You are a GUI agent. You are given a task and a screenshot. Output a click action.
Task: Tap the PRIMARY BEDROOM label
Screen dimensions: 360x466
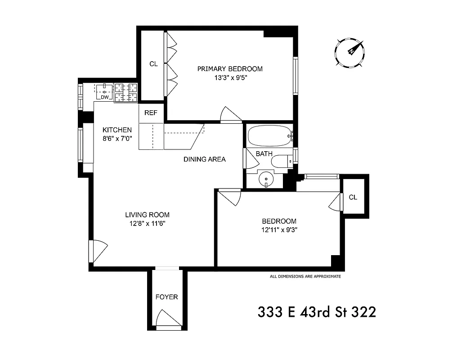coord(230,69)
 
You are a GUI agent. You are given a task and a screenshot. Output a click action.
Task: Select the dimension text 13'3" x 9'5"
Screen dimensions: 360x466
coord(230,77)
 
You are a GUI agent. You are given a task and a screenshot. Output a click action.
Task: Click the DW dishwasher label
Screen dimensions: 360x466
coord(104,97)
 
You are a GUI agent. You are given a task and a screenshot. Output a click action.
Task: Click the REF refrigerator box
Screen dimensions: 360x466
coord(151,113)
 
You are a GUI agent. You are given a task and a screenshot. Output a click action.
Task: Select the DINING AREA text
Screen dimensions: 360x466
coord(204,159)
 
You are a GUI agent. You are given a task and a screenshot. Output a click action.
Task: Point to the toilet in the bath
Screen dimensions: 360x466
coord(283,162)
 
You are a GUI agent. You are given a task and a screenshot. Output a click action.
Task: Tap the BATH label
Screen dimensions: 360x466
coord(264,154)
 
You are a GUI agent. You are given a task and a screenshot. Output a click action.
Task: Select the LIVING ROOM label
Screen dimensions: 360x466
coord(147,215)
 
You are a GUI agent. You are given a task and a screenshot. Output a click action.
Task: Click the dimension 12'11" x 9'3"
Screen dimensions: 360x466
coord(279,229)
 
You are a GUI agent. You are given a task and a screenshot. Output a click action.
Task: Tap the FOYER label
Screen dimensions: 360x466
coord(166,297)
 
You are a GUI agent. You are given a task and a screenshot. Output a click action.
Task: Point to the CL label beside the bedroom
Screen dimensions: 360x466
coord(353,197)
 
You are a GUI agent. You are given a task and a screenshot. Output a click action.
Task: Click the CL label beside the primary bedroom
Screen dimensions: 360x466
coord(153,64)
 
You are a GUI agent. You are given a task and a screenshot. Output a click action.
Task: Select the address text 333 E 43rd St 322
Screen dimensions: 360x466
coord(317,311)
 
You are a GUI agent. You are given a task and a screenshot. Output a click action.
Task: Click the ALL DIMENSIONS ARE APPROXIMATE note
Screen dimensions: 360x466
coord(305,276)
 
